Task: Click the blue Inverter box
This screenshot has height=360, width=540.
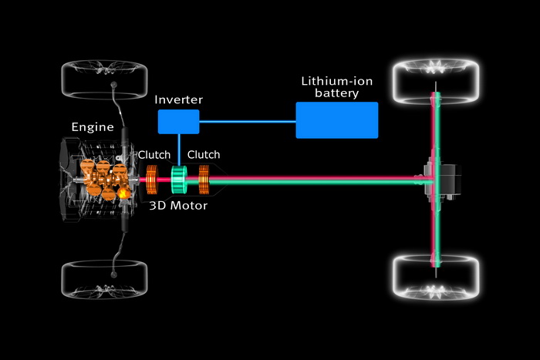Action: [x=178, y=121]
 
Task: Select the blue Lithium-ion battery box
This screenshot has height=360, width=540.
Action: [x=337, y=119]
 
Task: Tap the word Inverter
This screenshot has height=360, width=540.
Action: [x=179, y=101]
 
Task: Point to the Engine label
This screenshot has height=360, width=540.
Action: [x=92, y=127]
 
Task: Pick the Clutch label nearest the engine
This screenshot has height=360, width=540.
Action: [x=154, y=154]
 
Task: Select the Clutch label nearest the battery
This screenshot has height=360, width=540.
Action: [x=204, y=154]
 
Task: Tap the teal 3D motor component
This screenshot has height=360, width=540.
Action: [x=181, y=180]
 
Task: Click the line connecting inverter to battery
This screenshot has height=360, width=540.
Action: [x=247, y=120]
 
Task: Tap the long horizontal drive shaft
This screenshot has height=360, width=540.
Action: [x=324, y=181]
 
